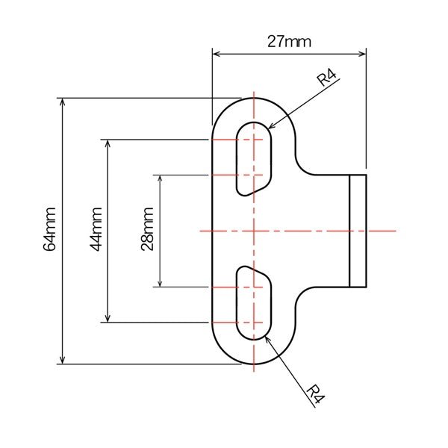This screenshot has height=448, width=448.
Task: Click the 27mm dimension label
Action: click(289, 41)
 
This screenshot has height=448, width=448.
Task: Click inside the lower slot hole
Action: click(254, 302)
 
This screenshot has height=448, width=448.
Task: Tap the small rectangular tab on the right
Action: click(358, 231)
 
